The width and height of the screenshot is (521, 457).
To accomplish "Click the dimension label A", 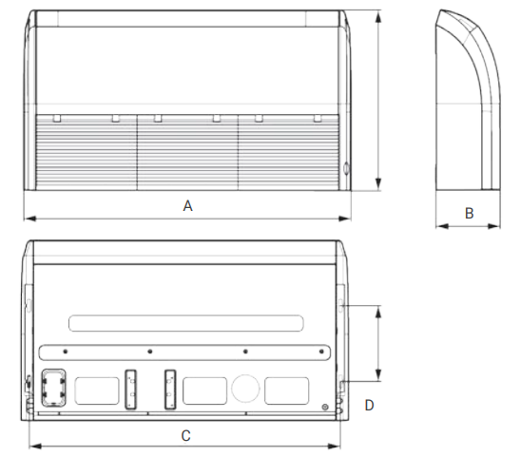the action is (x=187, y=206).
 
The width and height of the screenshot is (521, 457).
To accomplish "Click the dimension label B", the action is (x=469, y=213).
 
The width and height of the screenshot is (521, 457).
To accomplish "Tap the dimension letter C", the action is (x=186, y=436).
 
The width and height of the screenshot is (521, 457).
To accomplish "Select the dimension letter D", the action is (x=369, y=405).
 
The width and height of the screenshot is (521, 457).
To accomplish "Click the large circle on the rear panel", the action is (x=245, y=389).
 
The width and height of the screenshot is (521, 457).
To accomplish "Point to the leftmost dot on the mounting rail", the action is (x=65, y=352).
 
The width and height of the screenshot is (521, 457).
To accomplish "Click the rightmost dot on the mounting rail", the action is (x=321, y=352).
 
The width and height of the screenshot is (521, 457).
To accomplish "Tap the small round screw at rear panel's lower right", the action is (x=325, y=408).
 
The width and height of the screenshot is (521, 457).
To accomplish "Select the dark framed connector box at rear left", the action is (x=53, y=388).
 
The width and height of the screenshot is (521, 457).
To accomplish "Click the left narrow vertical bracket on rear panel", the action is (x=130, y=390).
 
